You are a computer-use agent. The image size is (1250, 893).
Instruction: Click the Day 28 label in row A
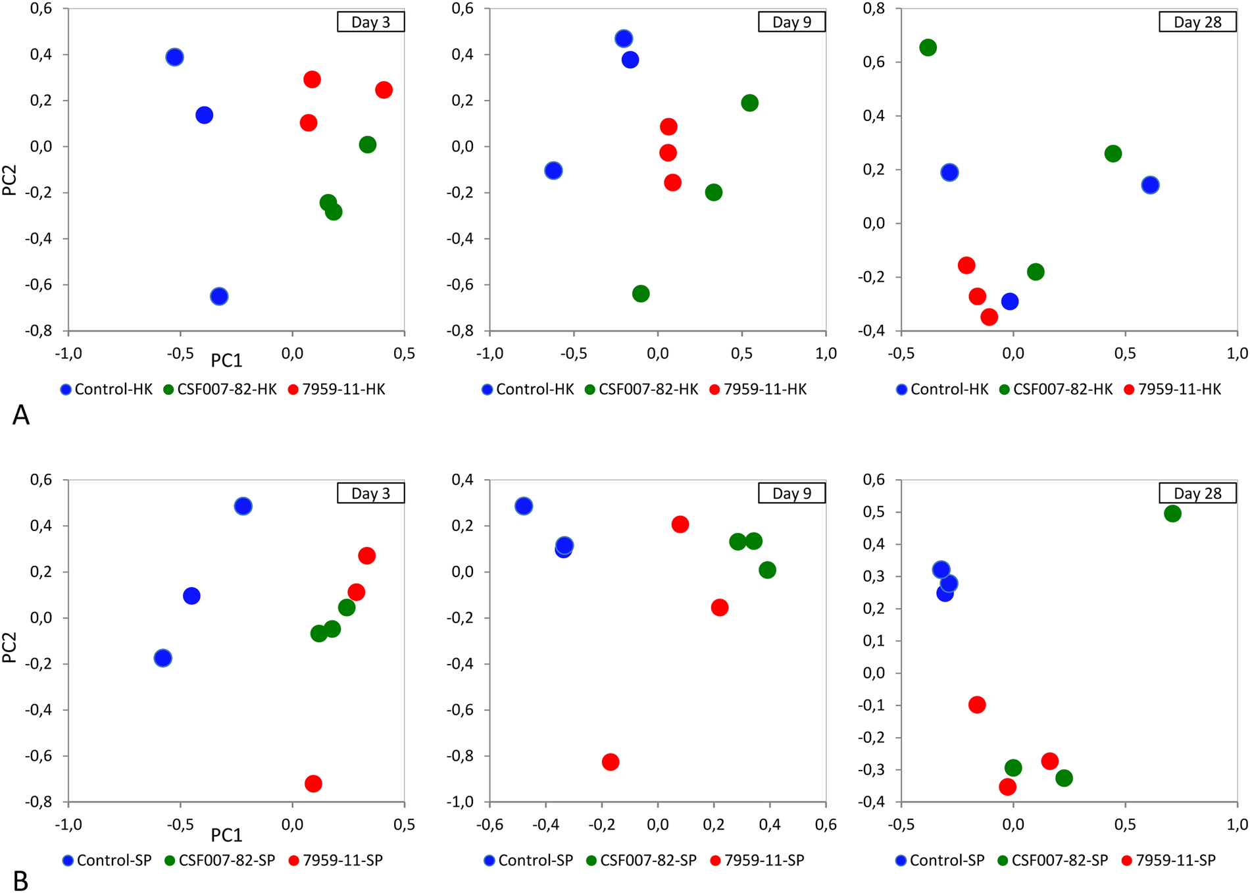pyautogui.click(x=1197, y=22)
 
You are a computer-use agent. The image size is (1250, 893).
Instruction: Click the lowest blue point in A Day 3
pyautogui.click(x=219, y=296)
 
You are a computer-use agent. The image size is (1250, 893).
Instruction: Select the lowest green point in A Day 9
pyautogui.click(x=641, y=293)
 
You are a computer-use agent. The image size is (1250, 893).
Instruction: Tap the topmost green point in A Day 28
pyautogui.click(x=928, y=47)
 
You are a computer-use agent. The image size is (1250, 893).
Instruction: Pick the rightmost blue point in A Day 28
pyautogui.click(x=1150, y=185)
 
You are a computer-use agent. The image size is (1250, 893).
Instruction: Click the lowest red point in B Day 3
pyautogui.click(x=313, y=784)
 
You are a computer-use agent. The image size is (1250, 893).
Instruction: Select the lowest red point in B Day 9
pyautogui.click(x=611, y=762)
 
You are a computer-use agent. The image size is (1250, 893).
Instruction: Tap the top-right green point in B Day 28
pyautogui.click(x=1172, y=513)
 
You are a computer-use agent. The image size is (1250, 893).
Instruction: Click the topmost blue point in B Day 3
pyautogui.click(x=243, y=506)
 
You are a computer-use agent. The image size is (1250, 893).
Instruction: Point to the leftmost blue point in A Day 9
pyautogui.click(x=553, y=170)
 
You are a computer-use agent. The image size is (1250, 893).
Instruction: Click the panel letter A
pyautogui.click(x=21, y=415)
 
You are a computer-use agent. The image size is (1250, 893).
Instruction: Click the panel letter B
pyautogui.click(x=21, y=880)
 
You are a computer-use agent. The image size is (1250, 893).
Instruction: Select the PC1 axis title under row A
pyautogui.click(x=226, y=361)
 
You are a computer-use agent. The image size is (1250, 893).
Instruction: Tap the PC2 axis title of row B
pyautogui.click(x=9, y=647)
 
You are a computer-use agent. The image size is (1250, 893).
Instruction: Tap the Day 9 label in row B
pyautogui.click(x=791, y=494)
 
